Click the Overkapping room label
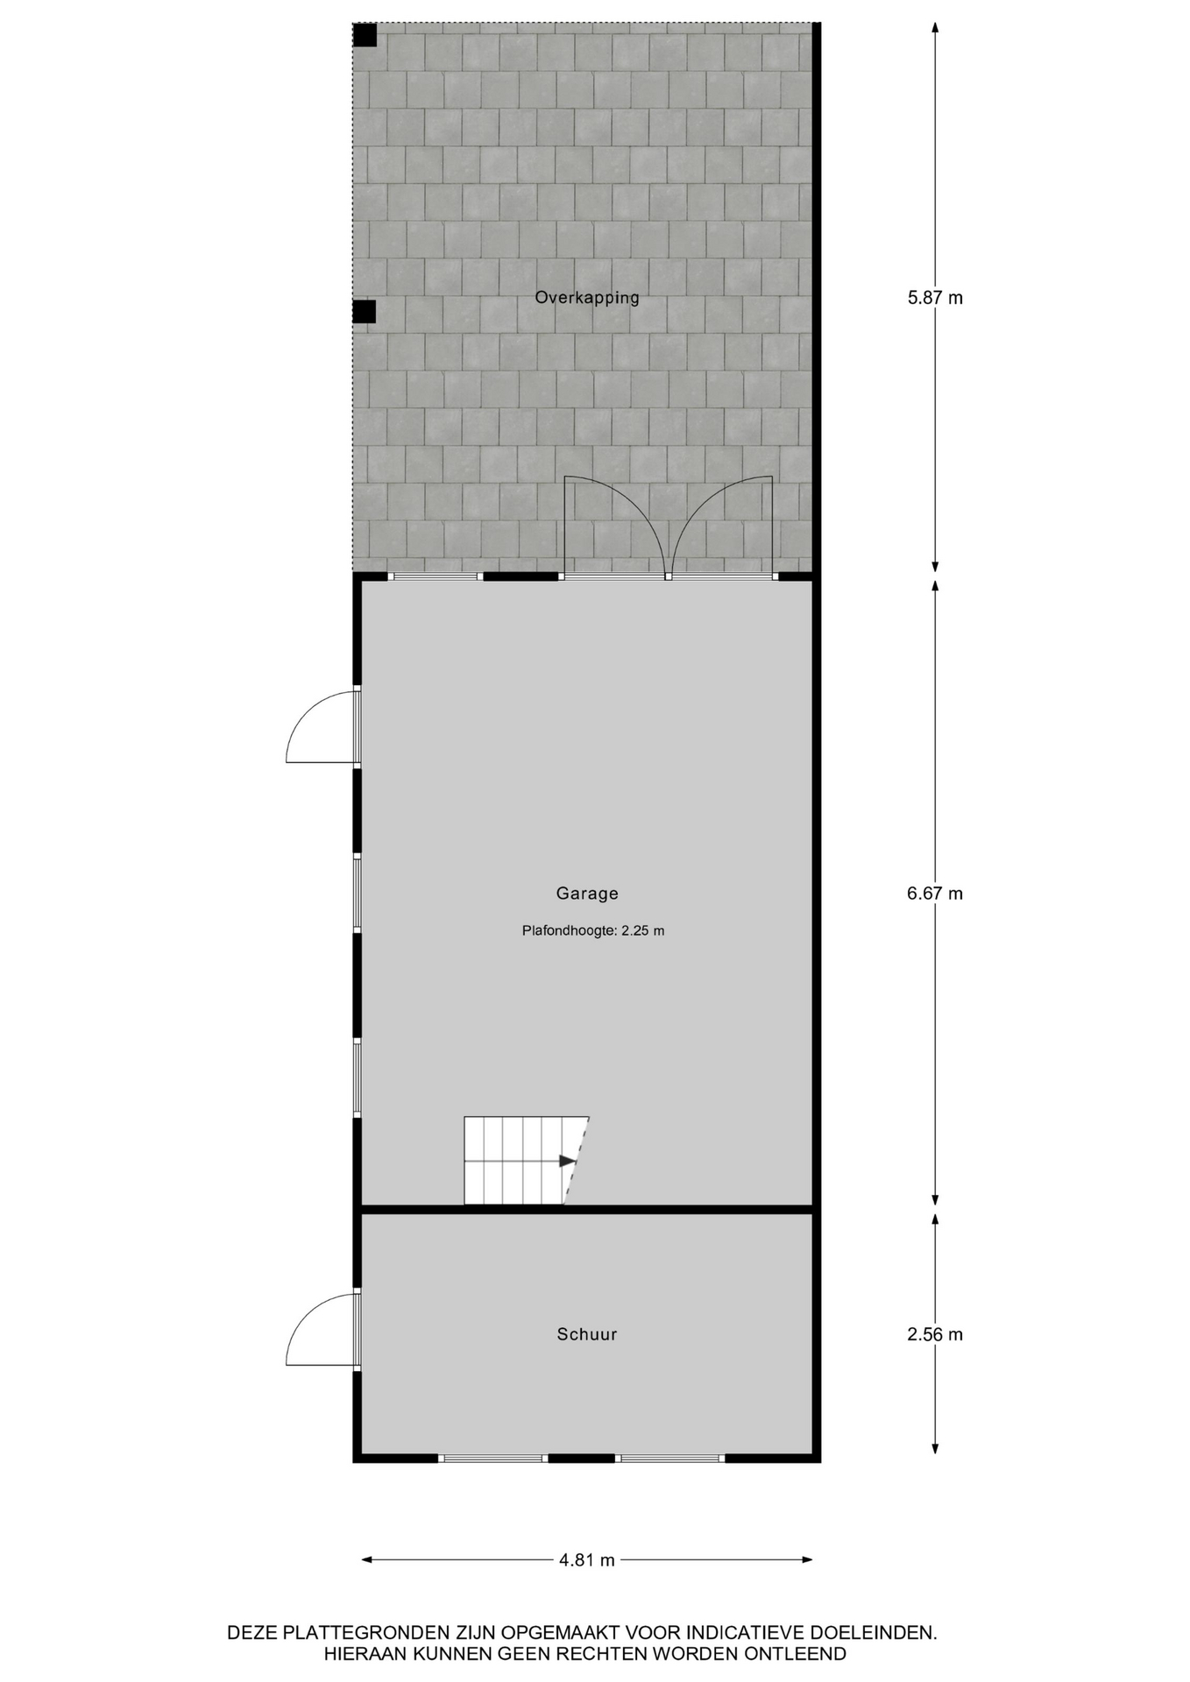(x=587, y=297)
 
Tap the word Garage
(x=587, y=894)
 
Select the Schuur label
(x=587, y=1334)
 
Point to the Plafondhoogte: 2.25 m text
(x=593, y=930)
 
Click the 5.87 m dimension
(x=935, y=298)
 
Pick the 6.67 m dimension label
(x=935, y=894)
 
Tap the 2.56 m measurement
(x=935, y=1334)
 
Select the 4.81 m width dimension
(x=587, y=1559)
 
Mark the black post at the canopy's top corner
(x=365, y=35)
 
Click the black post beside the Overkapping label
(x=364, y=311)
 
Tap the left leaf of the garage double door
(x=613, y=526)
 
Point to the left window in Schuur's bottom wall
(x=492, y=1458)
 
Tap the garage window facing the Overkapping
(x=436, y=576)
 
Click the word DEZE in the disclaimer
(x=252, y=1633)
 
